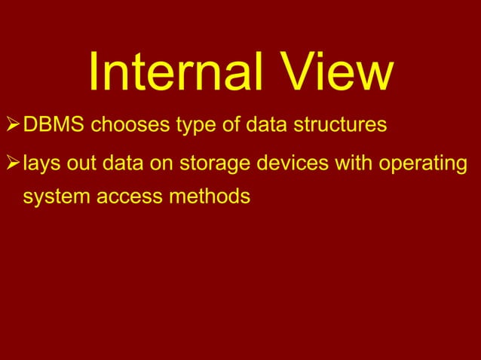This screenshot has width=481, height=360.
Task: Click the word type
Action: [x=196, y=124]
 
